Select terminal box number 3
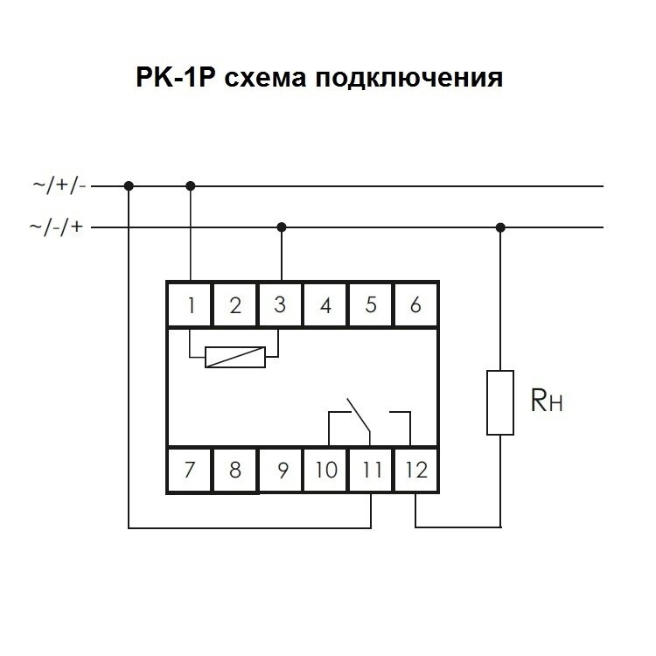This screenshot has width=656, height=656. pyautogui.click(x=280, y=305)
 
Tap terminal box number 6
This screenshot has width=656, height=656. pyautogui.click(x=415, y=305)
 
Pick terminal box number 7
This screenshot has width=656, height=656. pyautogui.click(x=190, y=470)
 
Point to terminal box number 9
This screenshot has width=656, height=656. pyautogui.click(x=281, y=470)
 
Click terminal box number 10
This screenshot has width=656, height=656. pyautogui.click(x=325, y=470)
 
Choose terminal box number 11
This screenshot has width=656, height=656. pyautogui.click(x=371, y=470)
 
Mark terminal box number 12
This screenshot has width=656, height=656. pyautogui.click(x=416, y=470)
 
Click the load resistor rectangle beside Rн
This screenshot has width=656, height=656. pyautogui.click(x=500, y=402)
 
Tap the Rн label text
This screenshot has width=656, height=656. pyautogui.click(x=547, y=402)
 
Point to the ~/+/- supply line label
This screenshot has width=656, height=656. pyautogui.click(x=59, y=185)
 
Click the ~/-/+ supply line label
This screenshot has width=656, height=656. pyautogui.click(x=59, y=227)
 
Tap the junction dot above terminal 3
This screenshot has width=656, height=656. pyautogui.click(x=281, y=227)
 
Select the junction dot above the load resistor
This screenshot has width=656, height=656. pyautogui.click(x=500, y=227)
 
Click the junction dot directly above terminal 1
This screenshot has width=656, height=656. pyautogui.click(x=190, y=185)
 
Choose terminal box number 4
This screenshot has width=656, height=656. pyautogui.click(x=325, y=305)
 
